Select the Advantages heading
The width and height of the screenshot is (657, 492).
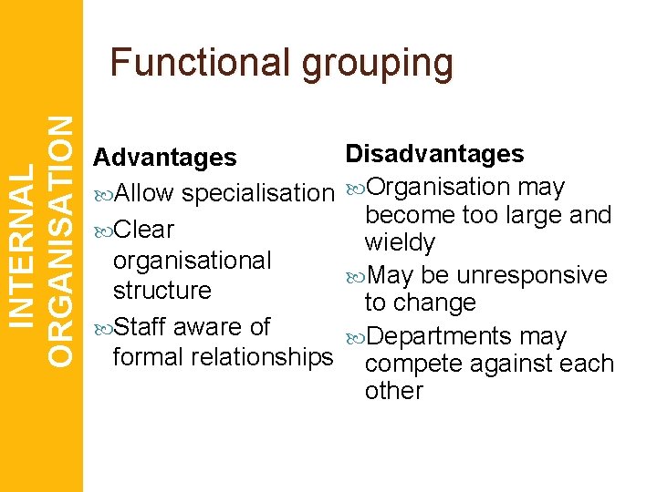tap(165, 158)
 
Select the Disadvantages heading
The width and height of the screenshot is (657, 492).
tap(435, 153)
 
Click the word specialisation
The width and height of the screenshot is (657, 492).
tap(258, 194)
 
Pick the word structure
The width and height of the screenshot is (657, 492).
tap(162, 291)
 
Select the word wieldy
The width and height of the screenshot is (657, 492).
tap(400, 243)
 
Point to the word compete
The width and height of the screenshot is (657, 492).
tap(405, 364)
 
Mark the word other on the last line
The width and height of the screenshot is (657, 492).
tap(393, 391)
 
